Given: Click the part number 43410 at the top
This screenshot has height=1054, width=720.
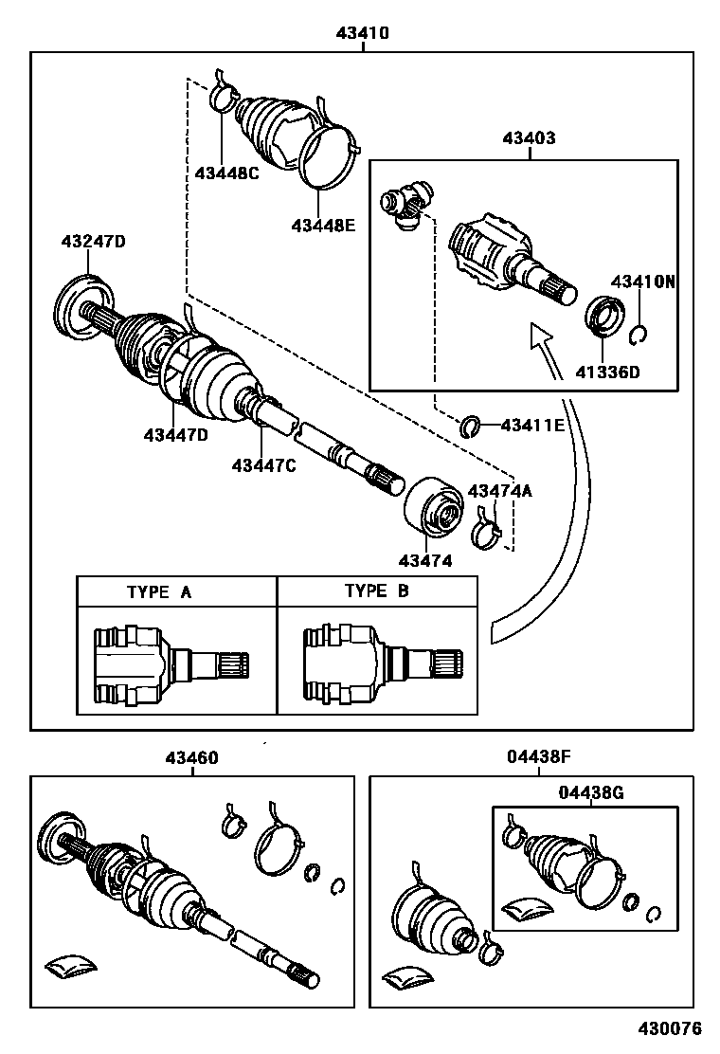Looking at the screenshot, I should pyautogui.click(x=362, y=33).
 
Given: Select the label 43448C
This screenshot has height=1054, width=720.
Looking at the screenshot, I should pyautogui.click(x=226, y=173).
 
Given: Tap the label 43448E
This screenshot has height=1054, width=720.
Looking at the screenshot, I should pyautogui.click(x=322, y=225).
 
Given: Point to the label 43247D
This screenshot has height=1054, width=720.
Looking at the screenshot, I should pyautogui.click(x=93, y=242).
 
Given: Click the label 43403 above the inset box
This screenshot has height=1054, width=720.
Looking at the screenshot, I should pyautogui.click(x=529, y=138).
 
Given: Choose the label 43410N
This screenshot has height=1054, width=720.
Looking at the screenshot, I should pyautogui.click(x=643, y=282).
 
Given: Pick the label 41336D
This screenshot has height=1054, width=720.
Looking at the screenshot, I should pyautogui.click(x=607, y=372).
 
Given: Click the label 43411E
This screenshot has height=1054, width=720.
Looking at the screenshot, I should pyautogui.click(x=531, y=426).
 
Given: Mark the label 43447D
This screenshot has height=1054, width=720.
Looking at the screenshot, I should pyautogui.click(x=175, y=435).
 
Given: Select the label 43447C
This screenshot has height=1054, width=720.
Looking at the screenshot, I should pyautogui.click(x=264, y=464).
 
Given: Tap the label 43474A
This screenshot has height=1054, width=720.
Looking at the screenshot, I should pyautogui.click(x=500, y=491).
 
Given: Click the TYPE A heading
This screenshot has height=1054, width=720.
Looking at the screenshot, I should pyautogui.click(x=159, y=592).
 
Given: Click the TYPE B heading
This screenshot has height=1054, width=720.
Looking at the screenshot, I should pyautogui.click(x=376, y=591).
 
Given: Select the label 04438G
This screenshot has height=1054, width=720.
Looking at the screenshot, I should pyautogui.click(x=589, y=791).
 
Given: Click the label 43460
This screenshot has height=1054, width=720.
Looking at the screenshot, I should pyautogui.click(x=191, y=758).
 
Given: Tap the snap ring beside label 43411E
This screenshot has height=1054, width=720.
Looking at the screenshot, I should pyautogui.click(x=467, y=427).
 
